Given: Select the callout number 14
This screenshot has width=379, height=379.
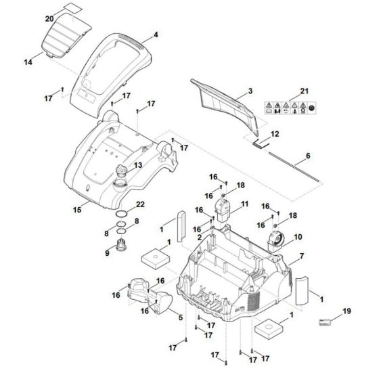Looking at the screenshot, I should (28, 63).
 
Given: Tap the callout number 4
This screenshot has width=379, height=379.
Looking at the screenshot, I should (156, 34).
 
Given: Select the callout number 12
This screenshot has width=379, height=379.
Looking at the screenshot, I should (275, 134).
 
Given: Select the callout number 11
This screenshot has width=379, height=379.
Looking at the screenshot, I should (244, 203).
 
